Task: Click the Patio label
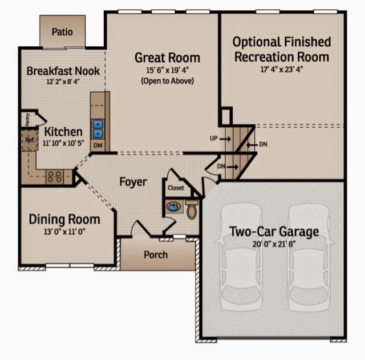(x=62, y=32)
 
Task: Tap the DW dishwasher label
(x=98, y=145)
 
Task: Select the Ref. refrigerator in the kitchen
(x=30, y=140)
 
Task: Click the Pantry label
(x=27, y=120)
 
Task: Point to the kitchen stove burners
(x=55, y=177)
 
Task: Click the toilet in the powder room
(x=192, y=209)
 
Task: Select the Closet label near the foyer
(x=176, y=188)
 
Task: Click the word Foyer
(x=133, y=182)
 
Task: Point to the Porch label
(x=156, y=255)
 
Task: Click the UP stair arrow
(x=225, y=139)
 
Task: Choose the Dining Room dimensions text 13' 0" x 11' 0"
(x=64, y=232)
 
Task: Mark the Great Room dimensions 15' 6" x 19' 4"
(x=167, y=70)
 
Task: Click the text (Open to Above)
(x=167, y=81)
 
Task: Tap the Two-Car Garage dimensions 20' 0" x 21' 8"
(x=274, y=244)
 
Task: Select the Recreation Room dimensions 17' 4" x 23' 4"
(x=282, y=70)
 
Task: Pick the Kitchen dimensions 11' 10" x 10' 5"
(x=63, y=143)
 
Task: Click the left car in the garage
(x=242, y=257)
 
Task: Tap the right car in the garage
(x=309, y=257)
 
